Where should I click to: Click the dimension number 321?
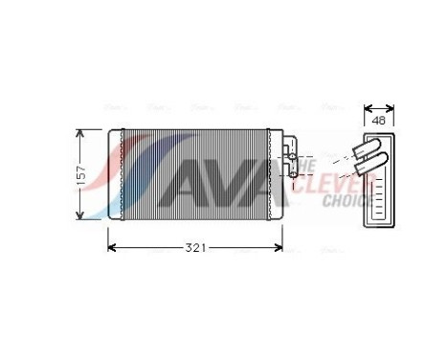coord(194,249)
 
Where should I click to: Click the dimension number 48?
coord(378,121)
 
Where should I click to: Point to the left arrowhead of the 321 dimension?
coord(111,249)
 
